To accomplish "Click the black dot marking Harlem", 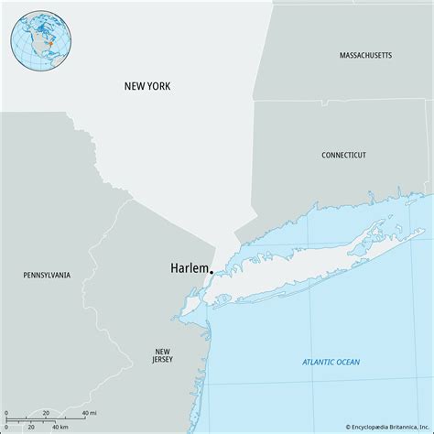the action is (x=212, y=272).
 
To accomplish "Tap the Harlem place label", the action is (x=188, y=268).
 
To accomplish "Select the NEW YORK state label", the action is (x=147, y=86).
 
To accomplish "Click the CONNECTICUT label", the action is (x=344, y=156).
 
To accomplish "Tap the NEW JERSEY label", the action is (x=162, y=355).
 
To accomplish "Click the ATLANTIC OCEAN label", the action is (x=331, y=363).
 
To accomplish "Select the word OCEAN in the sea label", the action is (x=346, y=363).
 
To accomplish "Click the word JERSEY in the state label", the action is (x=162, y=361).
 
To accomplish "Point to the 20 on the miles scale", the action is (x=46, y=414).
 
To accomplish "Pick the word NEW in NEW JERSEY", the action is (x=162, y=350).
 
